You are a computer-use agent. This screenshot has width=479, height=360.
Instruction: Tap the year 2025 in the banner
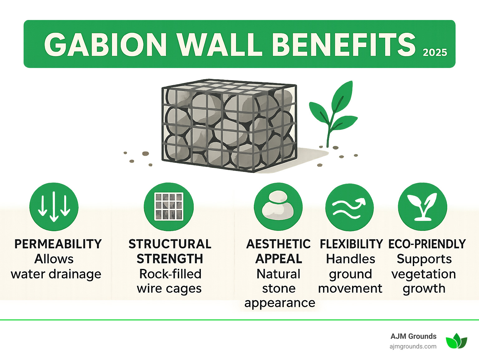[435, 52]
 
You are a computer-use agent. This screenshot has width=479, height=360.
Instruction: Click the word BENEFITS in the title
[345, 45]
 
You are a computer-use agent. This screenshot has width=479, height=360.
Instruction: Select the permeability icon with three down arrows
[54, 207]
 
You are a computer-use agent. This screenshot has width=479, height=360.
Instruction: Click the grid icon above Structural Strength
[169, 207]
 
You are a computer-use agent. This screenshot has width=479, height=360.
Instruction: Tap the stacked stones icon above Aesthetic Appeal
[278, 207]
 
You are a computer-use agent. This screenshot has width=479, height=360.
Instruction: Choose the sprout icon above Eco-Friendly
[423, 207]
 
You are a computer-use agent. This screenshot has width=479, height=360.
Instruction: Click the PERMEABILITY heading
[58, 244]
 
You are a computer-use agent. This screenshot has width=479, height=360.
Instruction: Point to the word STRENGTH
[170, 259]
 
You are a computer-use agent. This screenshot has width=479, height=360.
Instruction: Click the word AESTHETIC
[278, 244]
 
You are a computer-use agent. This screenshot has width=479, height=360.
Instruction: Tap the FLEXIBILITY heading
[351, 244]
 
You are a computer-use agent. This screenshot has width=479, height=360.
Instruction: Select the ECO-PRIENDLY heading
[427, 244]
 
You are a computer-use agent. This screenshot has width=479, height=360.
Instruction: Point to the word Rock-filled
[170, 274]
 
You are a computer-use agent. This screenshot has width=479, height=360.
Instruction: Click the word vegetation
[423, 274]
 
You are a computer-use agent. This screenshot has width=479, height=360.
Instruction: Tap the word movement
[350, 289]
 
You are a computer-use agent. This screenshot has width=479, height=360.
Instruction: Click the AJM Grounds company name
[413, 336]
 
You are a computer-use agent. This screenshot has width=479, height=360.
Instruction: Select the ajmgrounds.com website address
[413, 346]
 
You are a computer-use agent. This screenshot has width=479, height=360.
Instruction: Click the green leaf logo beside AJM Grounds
[456, 341]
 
